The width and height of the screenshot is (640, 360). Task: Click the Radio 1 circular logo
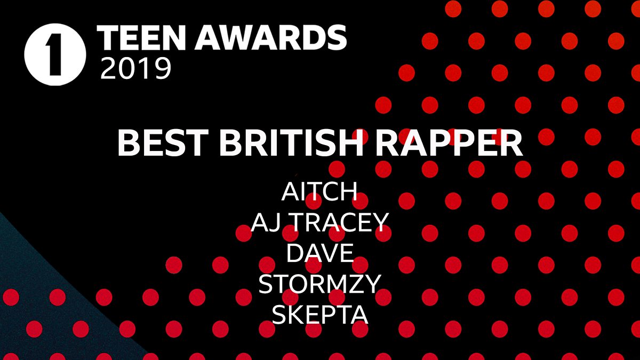point(55,54)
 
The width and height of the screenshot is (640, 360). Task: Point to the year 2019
point(136,69)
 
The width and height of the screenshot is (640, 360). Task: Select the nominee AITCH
point(319,192)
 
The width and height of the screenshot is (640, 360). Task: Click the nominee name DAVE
point(319,253)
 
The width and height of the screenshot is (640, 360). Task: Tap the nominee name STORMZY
point(319,284)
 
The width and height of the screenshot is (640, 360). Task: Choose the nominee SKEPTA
point(319,315)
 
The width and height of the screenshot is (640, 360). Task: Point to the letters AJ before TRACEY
point(265,222)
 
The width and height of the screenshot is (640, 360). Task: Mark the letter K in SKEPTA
point(298,315)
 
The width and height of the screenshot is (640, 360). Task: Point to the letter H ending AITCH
point(348,192)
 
